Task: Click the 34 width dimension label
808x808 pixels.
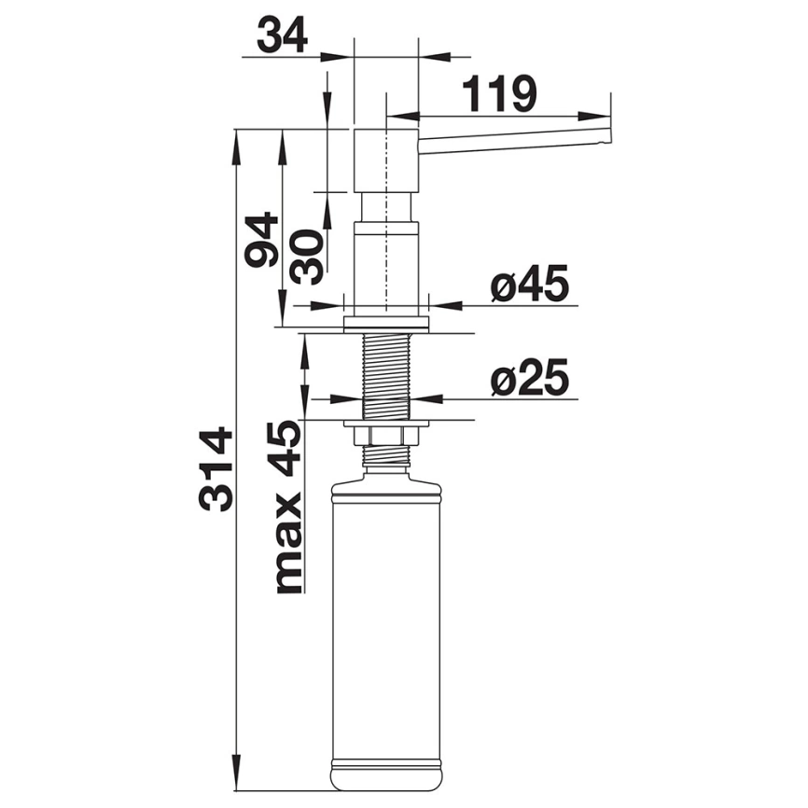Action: (x=282, y=35)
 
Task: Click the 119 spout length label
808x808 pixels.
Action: (x=499, y=94)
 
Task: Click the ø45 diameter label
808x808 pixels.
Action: (x=529, y=283)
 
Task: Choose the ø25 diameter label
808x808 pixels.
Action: (x=530, y=377)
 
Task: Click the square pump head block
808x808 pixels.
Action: (x=386, y=161)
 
